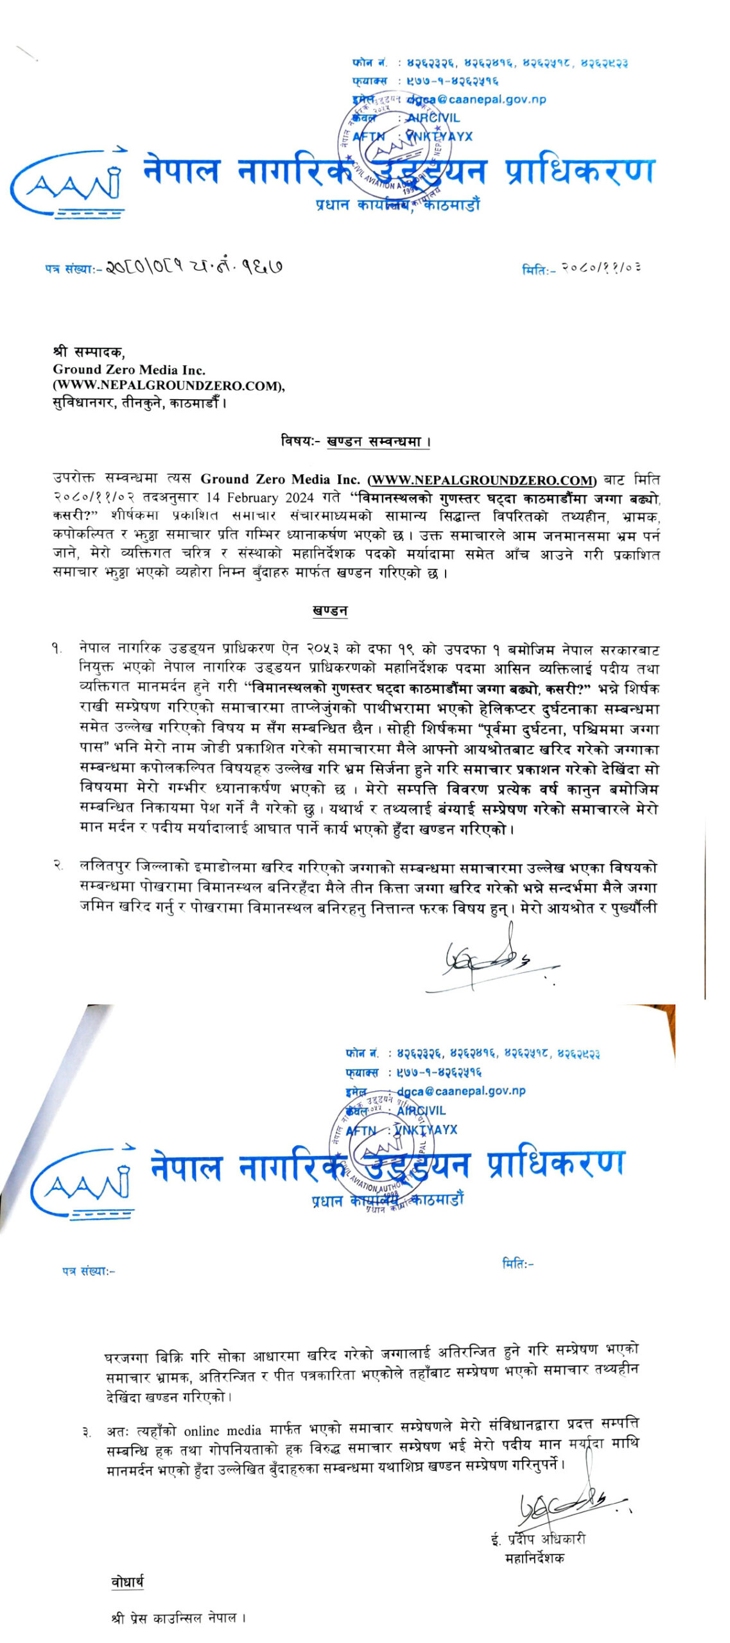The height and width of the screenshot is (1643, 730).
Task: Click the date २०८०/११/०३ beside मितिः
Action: point(601,268)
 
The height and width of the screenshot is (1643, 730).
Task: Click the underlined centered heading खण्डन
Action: point(330,610)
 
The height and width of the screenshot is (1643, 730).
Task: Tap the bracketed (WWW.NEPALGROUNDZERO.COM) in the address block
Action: point(169,386)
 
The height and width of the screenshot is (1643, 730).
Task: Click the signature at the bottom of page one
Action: point(488,960)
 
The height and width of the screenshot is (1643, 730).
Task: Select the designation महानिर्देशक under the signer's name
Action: point(535,1558)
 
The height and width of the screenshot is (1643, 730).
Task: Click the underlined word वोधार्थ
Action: point(127,1583)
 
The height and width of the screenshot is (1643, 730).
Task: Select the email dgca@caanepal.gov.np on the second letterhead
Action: point(461,1091)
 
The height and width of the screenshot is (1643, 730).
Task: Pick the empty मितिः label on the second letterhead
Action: point(517,1263)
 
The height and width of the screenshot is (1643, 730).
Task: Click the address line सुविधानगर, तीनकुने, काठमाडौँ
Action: point(140,403)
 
